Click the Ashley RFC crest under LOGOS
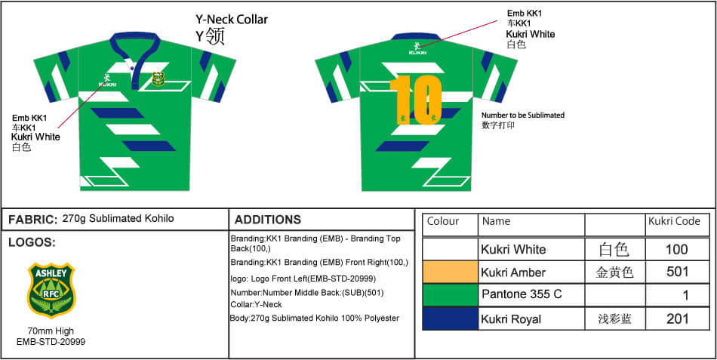coord(51,290)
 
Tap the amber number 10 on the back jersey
coord(416,100)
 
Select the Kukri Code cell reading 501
coord(677,272)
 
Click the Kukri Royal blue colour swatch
coord(450,318)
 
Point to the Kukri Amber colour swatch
coord(450,272)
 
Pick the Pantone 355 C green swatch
coord(450,295)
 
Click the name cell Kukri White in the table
coord(513,249)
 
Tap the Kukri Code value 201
coord(677,318)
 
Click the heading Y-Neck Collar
coord(232,20)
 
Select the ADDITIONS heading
coord(267,220)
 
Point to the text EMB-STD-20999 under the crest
coord(51,342)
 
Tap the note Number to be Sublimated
coord(523,115)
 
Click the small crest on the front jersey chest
coord(158,78)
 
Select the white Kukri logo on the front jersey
coord(106,81)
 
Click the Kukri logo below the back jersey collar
coord(417,48)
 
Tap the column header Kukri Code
coord(674,221)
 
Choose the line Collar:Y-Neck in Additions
coord(256,305)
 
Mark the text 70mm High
coord(51,331)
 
